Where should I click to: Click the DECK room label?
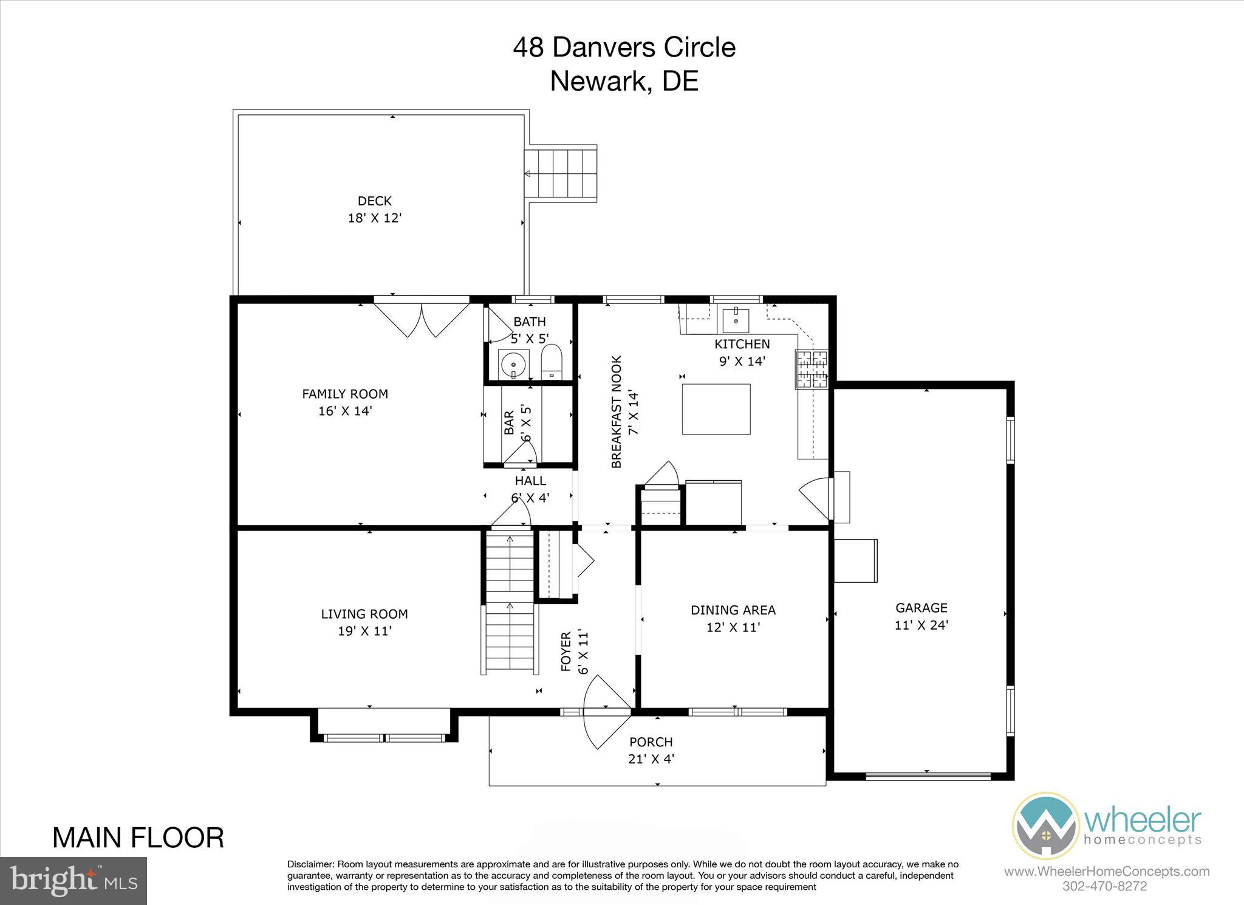click(374, 201)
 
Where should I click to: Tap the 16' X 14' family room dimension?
click(345, 411)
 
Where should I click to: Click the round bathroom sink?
click(514, 364)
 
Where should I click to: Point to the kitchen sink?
click(736, 319)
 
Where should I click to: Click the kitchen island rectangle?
click(716, 409)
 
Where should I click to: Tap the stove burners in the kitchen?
click(812, 369)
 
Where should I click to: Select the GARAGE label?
click(921, 607)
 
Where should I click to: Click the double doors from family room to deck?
click(422, 319)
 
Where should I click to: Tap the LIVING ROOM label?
click(364, 614)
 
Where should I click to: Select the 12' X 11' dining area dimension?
click(733, 627)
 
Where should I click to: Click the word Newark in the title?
click(599, 81)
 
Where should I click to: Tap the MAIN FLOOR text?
click(138, 838)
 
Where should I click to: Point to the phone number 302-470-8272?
click(1105, 886)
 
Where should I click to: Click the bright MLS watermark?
click(73, 880)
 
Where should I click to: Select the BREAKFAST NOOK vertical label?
click(617, 411)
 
